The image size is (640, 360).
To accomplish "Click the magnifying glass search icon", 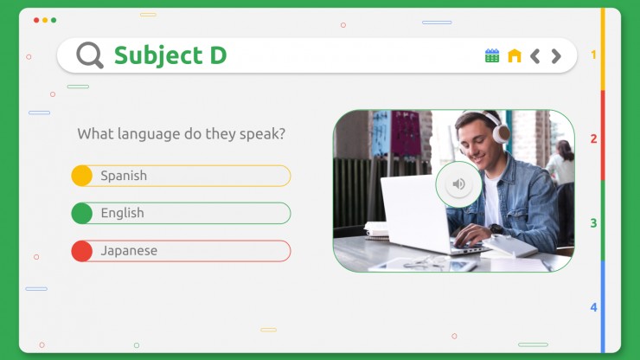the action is coord(89,55).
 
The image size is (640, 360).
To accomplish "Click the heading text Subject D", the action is coord(170,55).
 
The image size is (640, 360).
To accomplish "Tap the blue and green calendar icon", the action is coord(492,55).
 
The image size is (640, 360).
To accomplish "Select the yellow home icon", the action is coord(515,55).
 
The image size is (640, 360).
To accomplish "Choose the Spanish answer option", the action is coord(181,176).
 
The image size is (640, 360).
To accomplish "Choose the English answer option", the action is coord(181,213).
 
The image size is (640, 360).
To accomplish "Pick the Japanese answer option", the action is coord(181,250).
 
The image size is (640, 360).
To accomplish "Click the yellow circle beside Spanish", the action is coord(81,176).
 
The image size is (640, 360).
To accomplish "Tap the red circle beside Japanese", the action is coord(81,250).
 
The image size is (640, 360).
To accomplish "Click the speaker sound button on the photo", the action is coord(458,184).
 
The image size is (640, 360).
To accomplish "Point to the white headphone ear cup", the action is coord(502,133).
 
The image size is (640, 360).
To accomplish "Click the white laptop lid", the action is coord(414,212).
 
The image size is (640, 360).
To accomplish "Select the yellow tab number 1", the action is coord(593,55).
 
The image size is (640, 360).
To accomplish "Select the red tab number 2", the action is coord(593,139).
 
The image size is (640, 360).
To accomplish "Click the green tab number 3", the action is coord(593,223).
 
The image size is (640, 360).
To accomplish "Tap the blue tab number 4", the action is coord(593,307).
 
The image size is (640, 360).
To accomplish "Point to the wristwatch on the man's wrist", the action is coord(496,229).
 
